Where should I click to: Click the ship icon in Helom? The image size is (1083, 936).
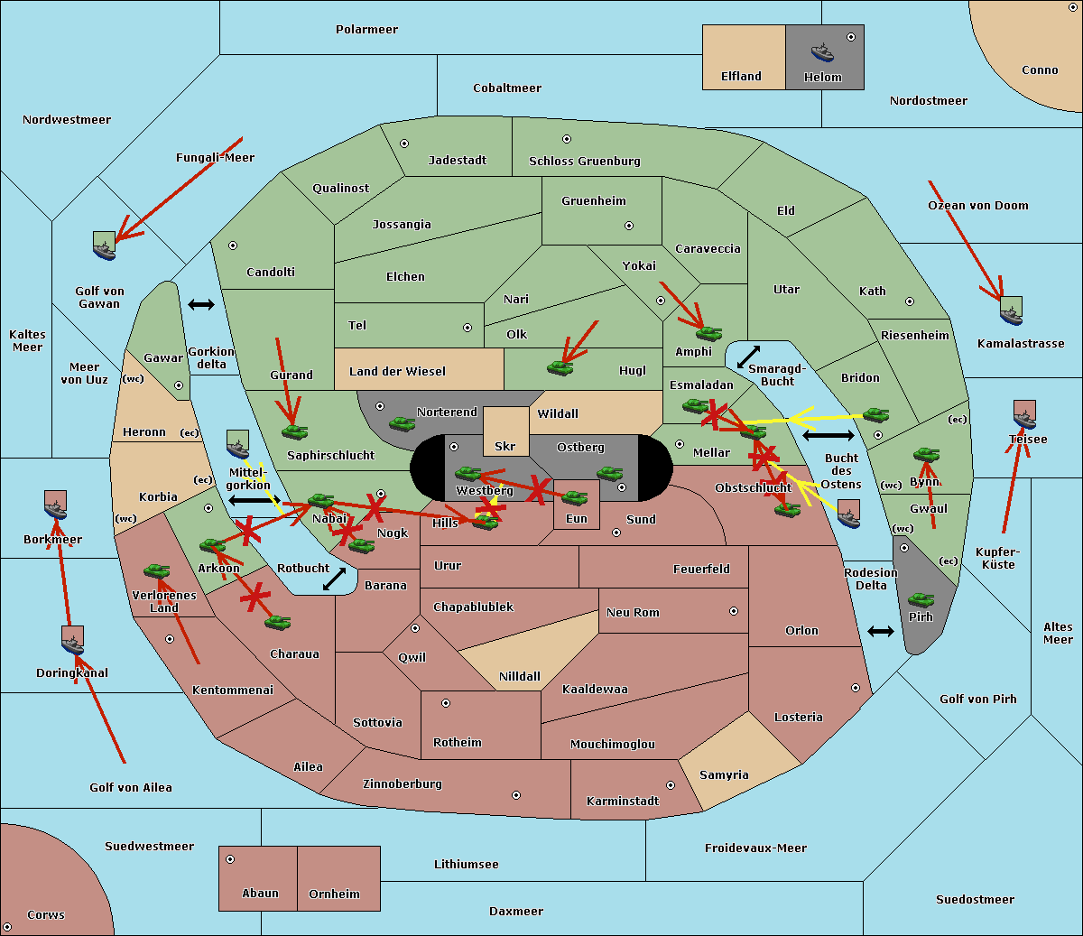pos(822,51)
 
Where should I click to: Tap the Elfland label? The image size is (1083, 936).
pos(741,77)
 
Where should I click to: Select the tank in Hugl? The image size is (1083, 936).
pos(560,367)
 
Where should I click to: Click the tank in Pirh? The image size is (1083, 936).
pos(921,600)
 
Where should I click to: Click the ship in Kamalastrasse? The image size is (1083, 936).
pos(1012,311)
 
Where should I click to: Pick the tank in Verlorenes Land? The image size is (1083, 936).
pos(156,571)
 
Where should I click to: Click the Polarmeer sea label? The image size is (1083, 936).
pos(366,30)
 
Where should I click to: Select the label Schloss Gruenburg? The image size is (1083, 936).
pos(584,162)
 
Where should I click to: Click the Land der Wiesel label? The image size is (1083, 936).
pos(397,371)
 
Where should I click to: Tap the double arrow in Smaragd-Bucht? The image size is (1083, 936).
pos(748,357)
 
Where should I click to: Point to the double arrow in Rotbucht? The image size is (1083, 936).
pos(334,579)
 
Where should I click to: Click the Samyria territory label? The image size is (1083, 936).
pos(724,775)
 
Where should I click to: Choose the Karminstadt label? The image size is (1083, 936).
pos(623,802)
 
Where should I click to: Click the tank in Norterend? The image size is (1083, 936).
pos(402,423)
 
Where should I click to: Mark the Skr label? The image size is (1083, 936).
pos(505,447)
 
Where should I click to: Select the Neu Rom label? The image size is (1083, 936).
pos(633,613)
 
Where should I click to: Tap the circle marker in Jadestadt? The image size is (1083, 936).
pos(404,144)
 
